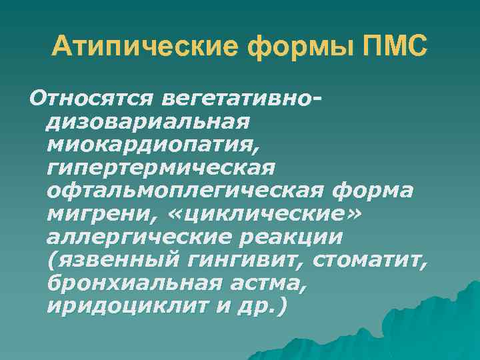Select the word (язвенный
tap(107, 261)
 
